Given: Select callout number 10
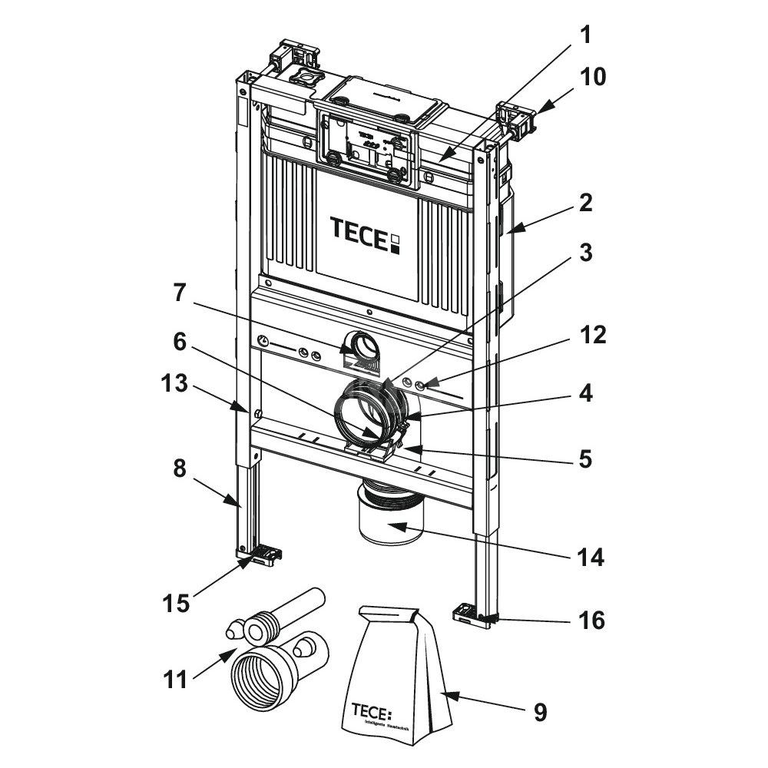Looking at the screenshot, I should [593, 77].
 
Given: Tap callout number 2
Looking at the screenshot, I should [586, 204].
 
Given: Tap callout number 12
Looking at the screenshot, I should [593, 336].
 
